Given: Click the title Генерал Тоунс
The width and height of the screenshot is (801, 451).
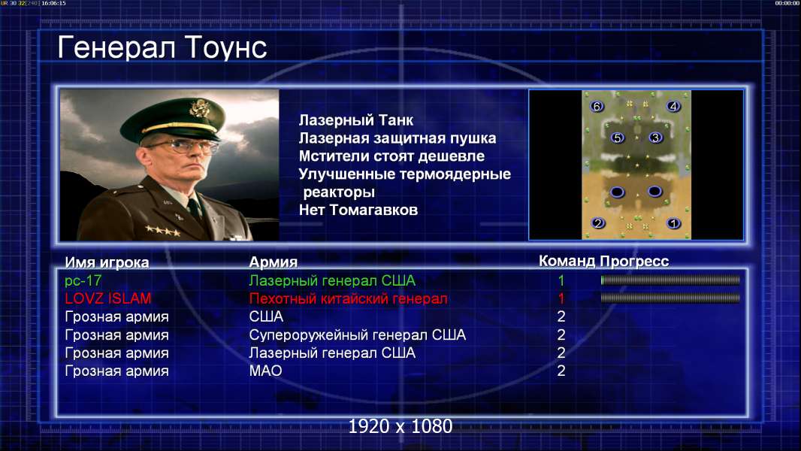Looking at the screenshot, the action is tap(162, 47).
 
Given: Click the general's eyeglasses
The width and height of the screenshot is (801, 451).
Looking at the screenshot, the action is tap(183, 146).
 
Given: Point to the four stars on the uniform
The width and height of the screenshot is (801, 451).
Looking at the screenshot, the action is tap(163, 231).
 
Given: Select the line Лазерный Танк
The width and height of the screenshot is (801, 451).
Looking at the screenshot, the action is tap(356, 120).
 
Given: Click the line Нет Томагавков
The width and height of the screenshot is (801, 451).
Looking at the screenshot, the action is tap(358, 210).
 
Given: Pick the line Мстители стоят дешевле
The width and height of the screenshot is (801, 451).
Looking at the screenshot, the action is tap(391, 156).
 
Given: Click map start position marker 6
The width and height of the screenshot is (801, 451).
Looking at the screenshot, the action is tap(597, 106).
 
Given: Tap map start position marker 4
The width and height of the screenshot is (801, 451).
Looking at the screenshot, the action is tap(673, 106).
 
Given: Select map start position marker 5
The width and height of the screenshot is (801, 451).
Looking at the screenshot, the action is tap(618, 138).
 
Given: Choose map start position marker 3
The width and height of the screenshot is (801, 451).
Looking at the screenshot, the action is tap(655, 137).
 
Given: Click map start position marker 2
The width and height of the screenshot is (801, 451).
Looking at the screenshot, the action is tap(597, 222).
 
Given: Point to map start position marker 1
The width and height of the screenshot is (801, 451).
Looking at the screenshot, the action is tap(674, 223).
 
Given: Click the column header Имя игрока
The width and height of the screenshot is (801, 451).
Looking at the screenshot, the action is tap(107, 262).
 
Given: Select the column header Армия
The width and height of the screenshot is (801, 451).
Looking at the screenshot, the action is tap(274, 262).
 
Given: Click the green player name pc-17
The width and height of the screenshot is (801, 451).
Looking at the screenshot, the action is tap(83, 280).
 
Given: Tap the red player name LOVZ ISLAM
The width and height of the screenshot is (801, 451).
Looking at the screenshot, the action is tap(107, 298).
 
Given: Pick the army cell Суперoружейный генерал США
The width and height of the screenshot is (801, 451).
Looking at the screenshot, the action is tap(358, 335).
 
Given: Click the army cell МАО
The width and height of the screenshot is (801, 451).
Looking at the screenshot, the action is tap(266, 371).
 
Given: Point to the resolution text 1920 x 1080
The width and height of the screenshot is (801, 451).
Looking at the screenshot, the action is tap(400, 426).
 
